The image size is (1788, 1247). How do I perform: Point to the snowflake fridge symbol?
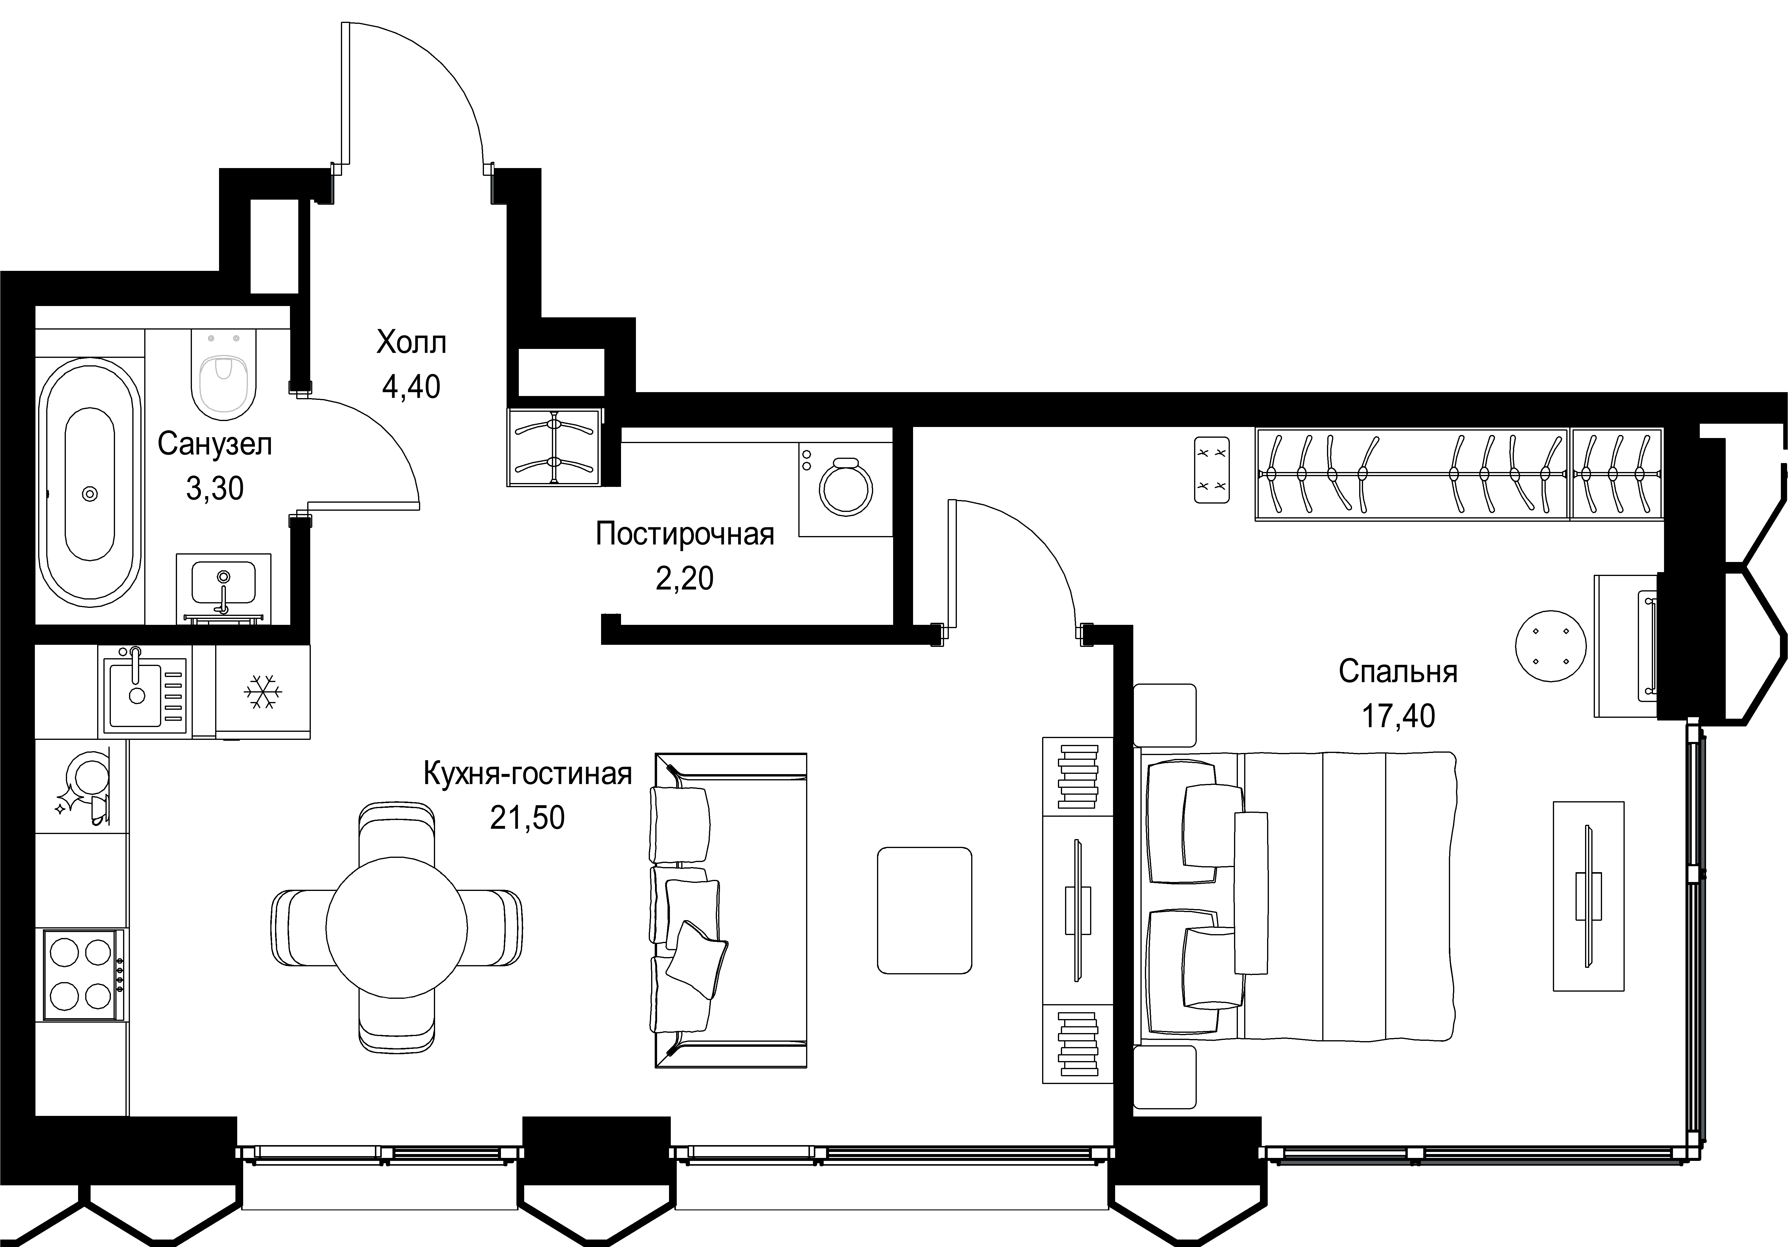(x=263, y=692)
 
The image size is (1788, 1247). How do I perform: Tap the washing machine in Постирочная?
(x=846, y=489)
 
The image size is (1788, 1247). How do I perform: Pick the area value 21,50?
(x=527, y=818)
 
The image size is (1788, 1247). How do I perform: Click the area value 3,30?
(x=215, y=488)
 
